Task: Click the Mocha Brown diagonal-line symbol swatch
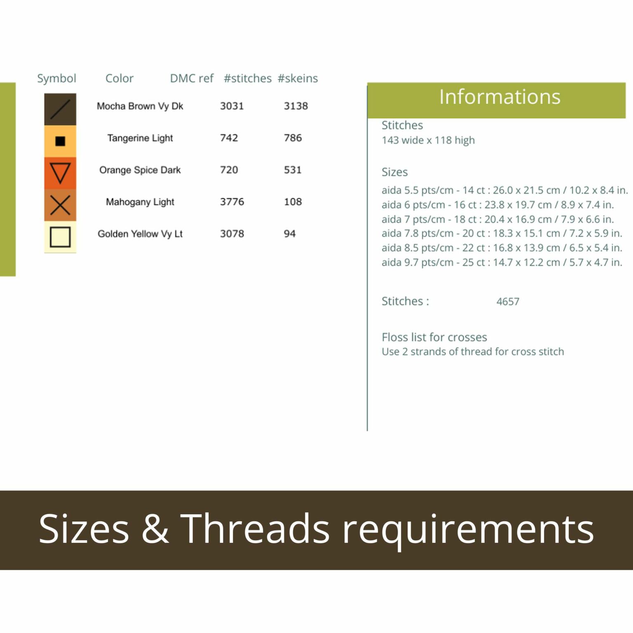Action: click(60, 109)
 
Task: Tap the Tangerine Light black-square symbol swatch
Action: click(60, 141)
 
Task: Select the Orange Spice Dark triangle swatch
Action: click(60, 173)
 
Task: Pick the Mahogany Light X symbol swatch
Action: click(60, 205)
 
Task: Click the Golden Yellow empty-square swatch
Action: click(60, 237)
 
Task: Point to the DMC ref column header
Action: click(192, 78)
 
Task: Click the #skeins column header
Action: click(298, 78)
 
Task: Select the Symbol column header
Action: click(56, 79)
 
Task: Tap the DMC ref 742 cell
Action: click(229, 138)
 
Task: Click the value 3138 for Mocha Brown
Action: click(296, 106)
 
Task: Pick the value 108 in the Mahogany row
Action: click(293, 202)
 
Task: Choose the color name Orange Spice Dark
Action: click(140, 170)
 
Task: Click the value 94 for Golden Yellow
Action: click(290, 234)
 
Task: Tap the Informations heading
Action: click(500, 97)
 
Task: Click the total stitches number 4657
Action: click(508, 302)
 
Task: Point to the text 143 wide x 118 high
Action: click(428, 141)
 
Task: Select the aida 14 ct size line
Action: click(505, 190)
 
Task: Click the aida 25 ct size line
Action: click(502, 263)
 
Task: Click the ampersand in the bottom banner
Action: click(155, 529)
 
